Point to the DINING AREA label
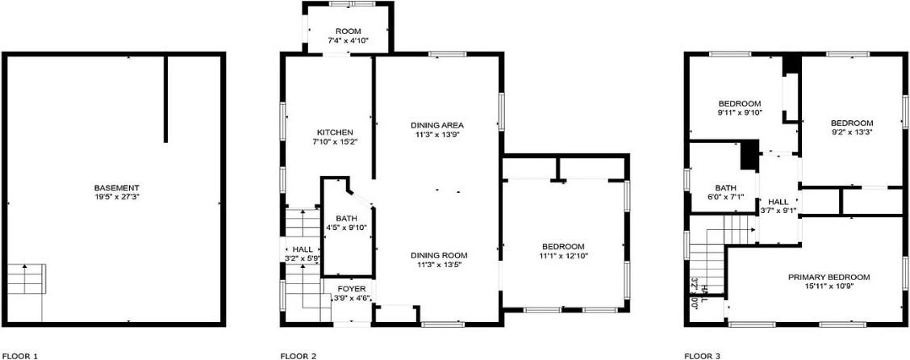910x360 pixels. [x=437, y=125]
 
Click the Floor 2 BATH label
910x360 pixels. [x=346, y=218]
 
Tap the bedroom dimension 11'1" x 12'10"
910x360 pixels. [x=562, y=256]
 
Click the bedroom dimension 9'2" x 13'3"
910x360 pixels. [x=852, y=132]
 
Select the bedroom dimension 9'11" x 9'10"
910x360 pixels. [x=740, y=113]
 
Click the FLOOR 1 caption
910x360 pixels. [x=20, y=355]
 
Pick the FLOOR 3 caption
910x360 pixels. [x=702, y=355]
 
